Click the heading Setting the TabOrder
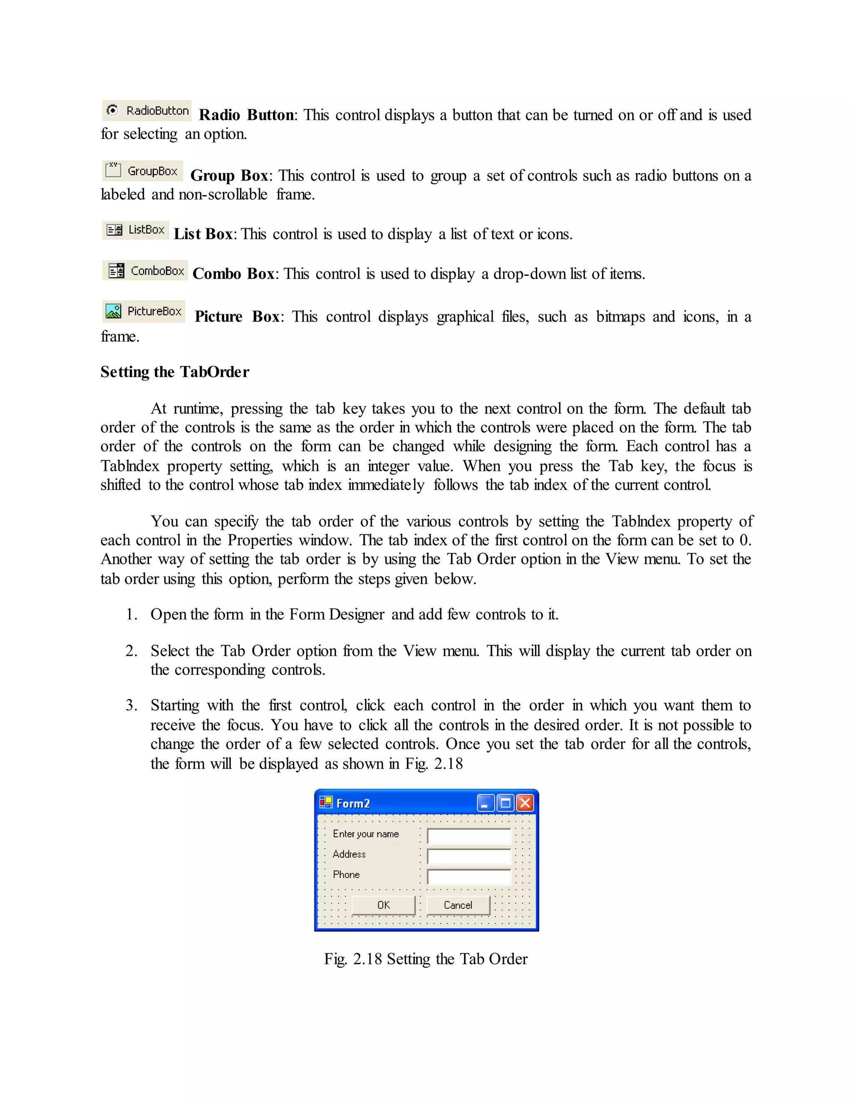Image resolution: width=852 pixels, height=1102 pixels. click(x=175, y=372)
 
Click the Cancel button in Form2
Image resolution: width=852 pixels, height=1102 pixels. click(x=458, y=905)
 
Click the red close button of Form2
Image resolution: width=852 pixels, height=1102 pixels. click(x=525, y=803)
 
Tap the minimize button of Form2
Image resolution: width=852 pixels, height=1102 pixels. click(x=485, y=803)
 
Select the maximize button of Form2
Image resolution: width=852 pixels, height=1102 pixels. click(x=505, y=803)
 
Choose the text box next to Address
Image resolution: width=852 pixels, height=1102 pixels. click(x=469, y=856)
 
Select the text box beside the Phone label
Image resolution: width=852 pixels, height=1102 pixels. click(x=469, y=877)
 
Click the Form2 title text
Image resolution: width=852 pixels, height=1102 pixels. click(x=353, y=803)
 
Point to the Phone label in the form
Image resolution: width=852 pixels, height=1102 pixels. click(x=346, y=875)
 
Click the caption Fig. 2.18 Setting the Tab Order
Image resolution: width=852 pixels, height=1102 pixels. click(x=426, y=959)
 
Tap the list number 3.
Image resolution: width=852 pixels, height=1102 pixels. click(x=131, y=705)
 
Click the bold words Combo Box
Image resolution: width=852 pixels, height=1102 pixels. click(x=233, y=274)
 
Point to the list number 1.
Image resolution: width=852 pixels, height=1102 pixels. click(x=131, y=614)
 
